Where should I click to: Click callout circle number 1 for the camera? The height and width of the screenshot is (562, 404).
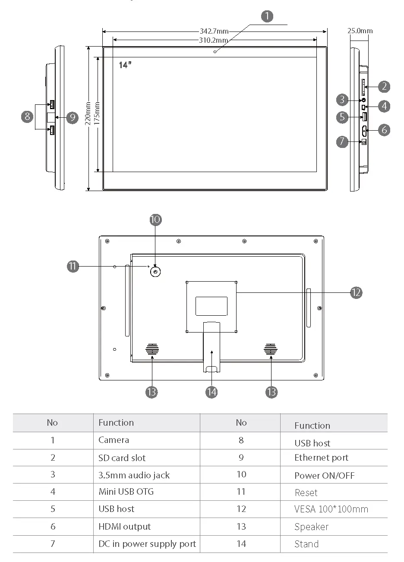point(267,17)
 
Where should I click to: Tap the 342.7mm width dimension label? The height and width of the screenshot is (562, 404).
point(214,31)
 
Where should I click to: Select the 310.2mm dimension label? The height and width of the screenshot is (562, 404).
point(214,40)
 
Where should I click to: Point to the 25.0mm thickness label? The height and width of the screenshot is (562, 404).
point(360,31)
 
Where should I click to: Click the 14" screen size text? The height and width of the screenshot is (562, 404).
point(125,65)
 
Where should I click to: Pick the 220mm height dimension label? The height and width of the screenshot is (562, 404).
point(88,113)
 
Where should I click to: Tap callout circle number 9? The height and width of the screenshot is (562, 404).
point(72,117)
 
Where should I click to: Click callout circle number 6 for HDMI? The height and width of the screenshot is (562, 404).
point(384,129)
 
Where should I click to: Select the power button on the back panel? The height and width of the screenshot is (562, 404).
point(155,272)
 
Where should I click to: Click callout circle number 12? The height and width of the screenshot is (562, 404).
point(356,293)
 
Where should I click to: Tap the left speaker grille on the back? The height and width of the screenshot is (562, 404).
point(152,349)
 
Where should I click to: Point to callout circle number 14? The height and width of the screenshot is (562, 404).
point(211,392)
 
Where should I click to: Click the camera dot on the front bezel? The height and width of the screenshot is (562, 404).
point(215,51)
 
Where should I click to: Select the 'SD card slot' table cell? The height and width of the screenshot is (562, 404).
point(122,458)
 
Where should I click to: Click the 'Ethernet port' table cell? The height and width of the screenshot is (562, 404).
point(321,458)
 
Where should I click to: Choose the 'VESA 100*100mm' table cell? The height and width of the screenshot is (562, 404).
point(331,509)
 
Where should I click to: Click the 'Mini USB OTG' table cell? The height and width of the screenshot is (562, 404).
point(126,492)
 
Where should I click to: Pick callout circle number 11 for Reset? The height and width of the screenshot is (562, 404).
point(73,267)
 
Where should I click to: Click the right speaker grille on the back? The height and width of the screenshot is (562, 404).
point(271,349)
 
